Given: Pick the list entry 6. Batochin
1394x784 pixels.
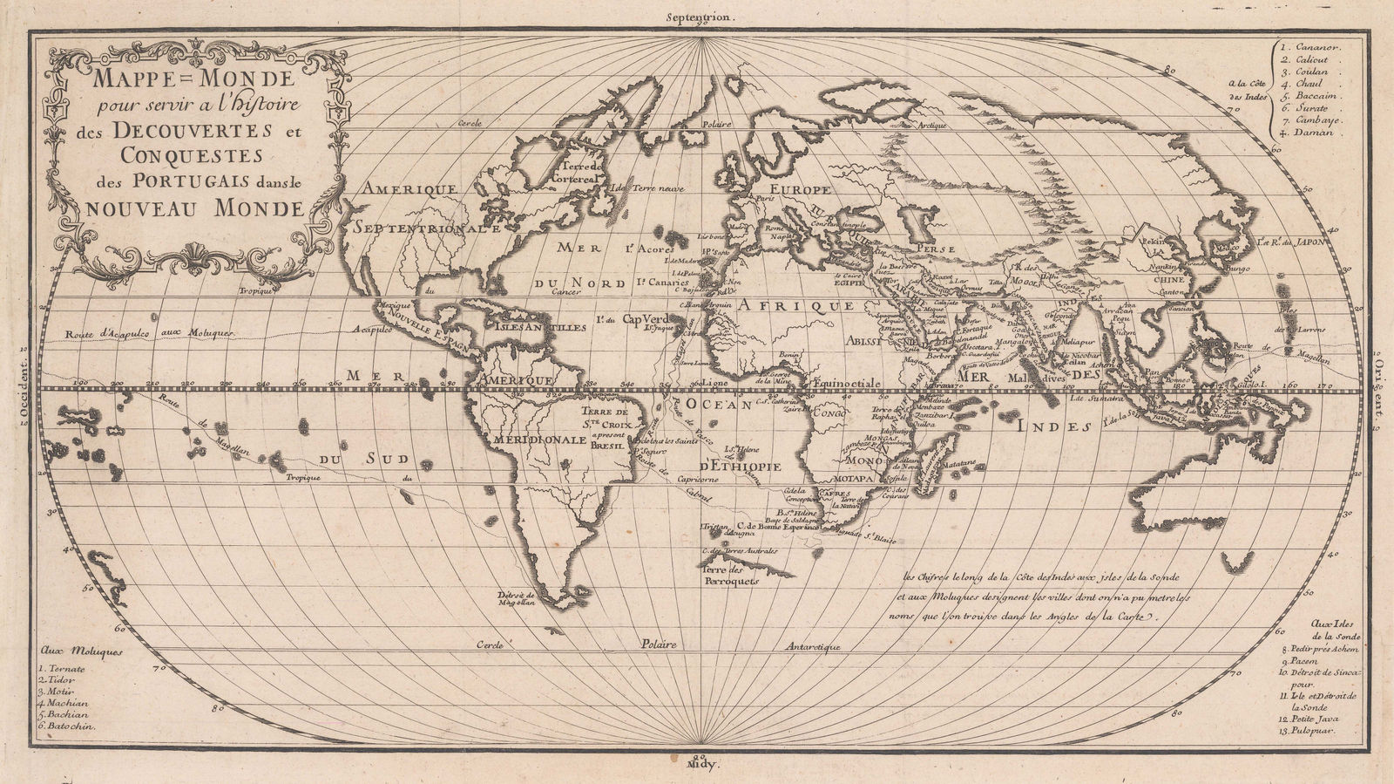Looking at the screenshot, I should pyautogui.click(x=68, y=726).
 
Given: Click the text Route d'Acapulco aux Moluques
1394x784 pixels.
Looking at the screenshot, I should pyautogui.click(x=151, y=333).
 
